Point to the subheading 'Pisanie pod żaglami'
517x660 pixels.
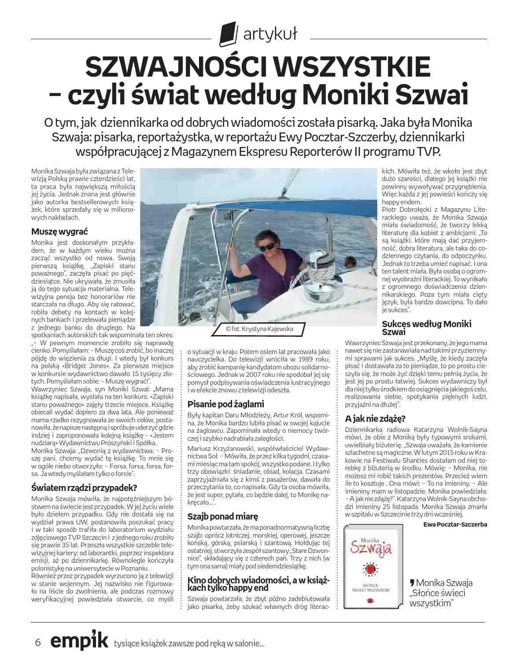pyautogui.click(x=225, y=404)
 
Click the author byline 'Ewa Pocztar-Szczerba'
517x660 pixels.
pyautogui.click(x=455, y=524)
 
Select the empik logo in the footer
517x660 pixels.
pyautogui.click(x=79, y=642)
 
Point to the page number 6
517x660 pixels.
pyautogui.click(x=38, y=642)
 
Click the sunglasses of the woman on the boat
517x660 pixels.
pyautogui.click(x=266, y=249)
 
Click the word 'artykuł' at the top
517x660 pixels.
pyautogui.click(x=267, y=34)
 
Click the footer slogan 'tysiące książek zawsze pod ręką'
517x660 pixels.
pyautogui.click(x=189, y=644)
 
